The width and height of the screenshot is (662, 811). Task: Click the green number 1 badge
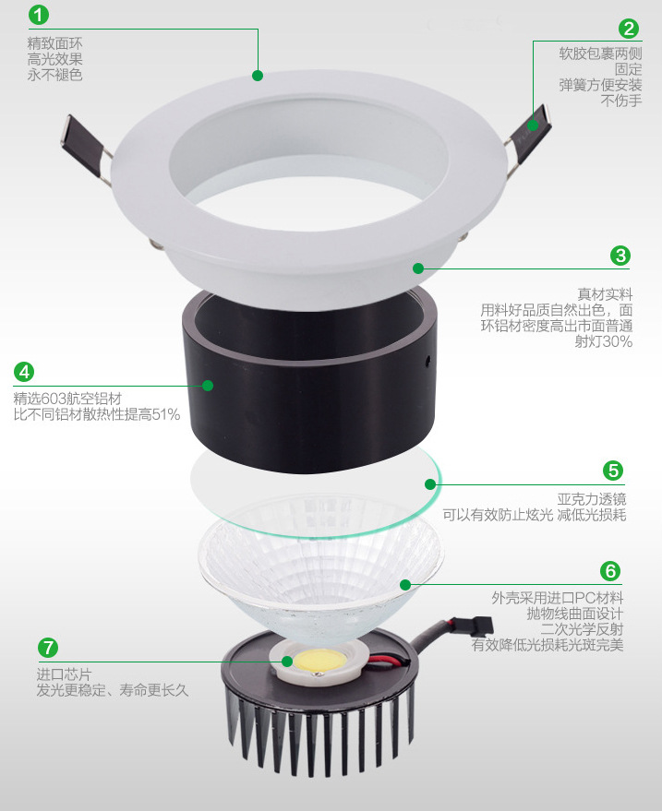tap(38, 14)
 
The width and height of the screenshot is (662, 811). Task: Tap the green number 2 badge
tap(629, 29)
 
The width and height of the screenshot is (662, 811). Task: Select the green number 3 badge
tap(620, 256)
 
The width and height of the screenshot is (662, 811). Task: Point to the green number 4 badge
tap(24, 372)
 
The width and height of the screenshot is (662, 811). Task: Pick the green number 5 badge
tap(613, 471)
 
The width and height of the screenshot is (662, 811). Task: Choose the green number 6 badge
tap(610, 570)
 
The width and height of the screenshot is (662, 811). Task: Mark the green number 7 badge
tap(48, 648)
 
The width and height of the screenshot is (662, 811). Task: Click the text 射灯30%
tap(604, 341)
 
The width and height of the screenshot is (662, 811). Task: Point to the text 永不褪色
tap(54, 75)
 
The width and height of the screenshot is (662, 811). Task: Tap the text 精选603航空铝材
tap(67, 399)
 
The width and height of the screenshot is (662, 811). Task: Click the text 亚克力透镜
tap(592, 499)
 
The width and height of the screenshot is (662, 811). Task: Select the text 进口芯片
tap(64, 674)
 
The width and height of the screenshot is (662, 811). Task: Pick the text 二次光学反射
tap(582, 629)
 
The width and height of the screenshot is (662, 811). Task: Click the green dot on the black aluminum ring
tap(208, 386)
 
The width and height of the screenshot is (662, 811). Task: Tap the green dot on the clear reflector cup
tap(405, 584)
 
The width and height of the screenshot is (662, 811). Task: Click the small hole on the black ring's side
tap(428, 361)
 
